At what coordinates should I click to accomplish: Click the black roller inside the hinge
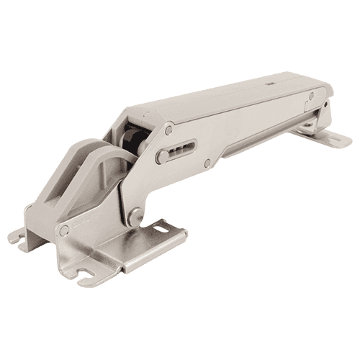pos(130,140)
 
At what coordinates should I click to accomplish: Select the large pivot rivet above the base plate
pos(133,214)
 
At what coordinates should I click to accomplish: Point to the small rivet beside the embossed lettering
pos(64,230)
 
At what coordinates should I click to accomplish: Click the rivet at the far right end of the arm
pos(311,96)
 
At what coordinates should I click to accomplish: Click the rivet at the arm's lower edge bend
pos(207,163)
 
